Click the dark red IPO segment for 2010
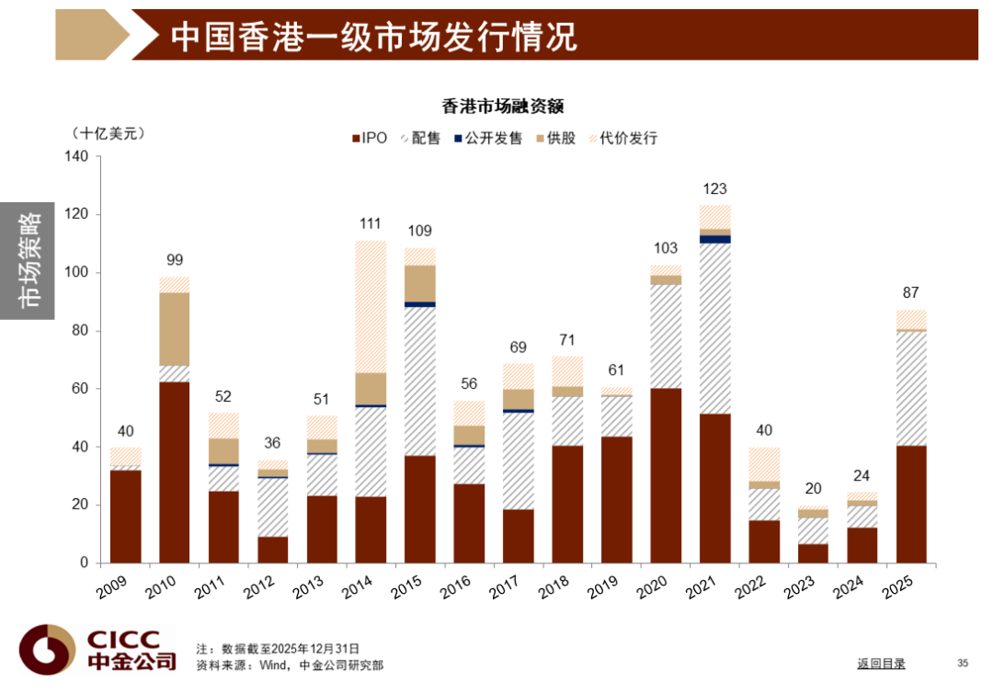[x=175, y=472]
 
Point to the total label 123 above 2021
[x=715, y=189]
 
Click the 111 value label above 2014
[x=371, y=223]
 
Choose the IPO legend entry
[x=370, y=139]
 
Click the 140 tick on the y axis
[x=76, y=157]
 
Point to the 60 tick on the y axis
[x=80, y=389]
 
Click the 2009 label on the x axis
[x=113, y=586]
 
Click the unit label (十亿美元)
[x=108, y=133]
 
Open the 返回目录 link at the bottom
[x=881, y=664]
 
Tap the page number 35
[x=963, y=663]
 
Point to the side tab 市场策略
[x=28, y=259]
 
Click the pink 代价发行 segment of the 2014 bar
[x=371, y=307]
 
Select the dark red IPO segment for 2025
[x=912, y=504]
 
